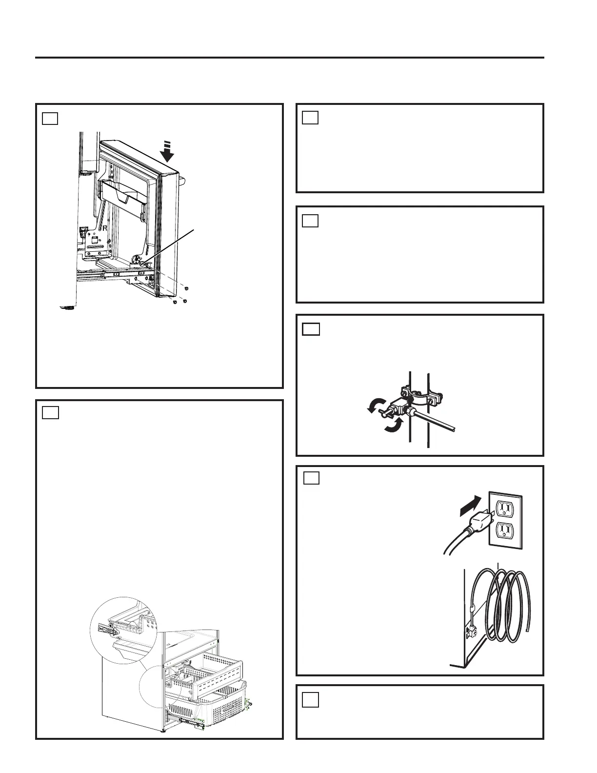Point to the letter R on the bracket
pyautogui.click(x=105, y=228)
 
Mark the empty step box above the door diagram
pyautogui.click(x=50, y=118)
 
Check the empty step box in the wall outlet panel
pyautogui.click(x=312, y=478)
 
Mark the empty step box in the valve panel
pyautogui.click(x=311, y=329)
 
